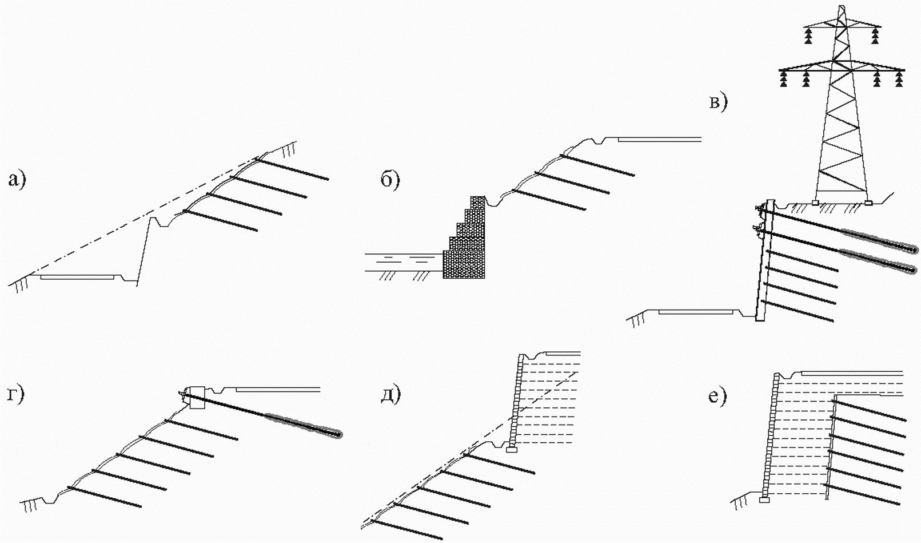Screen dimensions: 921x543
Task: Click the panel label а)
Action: pos(17,180)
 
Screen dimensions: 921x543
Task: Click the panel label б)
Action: pos(390,180)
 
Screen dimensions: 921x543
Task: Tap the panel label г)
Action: pos(16,394)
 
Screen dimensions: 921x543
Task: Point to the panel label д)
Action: pos(390,395)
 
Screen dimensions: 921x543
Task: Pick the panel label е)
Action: pos(718,396)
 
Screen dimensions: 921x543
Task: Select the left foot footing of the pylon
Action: pos(815,202)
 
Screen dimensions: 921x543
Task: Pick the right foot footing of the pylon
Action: pos(868,202)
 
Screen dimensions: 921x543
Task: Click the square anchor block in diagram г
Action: pos(197,397)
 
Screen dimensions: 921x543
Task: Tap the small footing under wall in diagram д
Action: pos(512,450)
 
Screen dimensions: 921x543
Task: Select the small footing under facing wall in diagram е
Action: pos(764,500)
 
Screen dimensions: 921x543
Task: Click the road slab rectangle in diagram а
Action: pos(77,278)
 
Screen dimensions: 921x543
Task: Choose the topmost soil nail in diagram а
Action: pos(292,169)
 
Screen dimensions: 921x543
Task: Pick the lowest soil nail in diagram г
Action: pos(105,497)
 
